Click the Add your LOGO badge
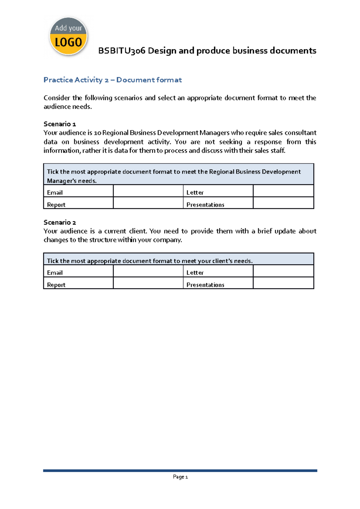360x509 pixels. tap(68, 36)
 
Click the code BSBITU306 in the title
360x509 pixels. tap(122, 51)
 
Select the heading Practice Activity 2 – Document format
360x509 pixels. tap(112, 80)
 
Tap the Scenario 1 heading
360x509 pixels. tap(60, 124)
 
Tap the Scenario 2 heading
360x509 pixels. tap(60, 222)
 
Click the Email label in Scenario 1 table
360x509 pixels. tap(55, 193)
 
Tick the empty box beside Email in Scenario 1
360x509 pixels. tap(148, 191)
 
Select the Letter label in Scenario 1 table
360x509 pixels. tap(195, 193)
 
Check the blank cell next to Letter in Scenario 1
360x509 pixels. tap(283, 191)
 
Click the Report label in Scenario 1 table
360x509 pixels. tap(56, 205)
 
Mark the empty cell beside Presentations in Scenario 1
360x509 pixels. tap(283, 203)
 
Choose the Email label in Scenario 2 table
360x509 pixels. tap(55, 273)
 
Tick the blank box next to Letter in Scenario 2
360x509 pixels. tap(283, 271)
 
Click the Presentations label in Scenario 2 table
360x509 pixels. tap(205, 285)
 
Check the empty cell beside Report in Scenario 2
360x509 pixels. tap(148, 283)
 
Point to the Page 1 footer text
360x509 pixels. tap(180, 477)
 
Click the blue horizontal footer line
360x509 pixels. tap(180, 471)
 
